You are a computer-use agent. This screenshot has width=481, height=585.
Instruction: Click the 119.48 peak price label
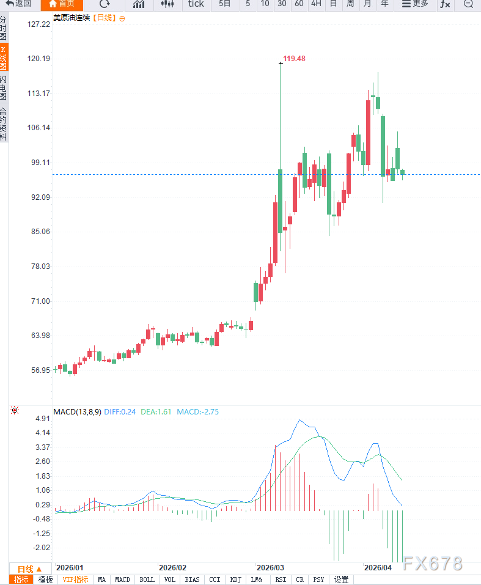(294, 59)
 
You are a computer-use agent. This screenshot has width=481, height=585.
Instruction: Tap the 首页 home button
(62, 4)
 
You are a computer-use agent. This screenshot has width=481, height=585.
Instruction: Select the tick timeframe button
(196, 4)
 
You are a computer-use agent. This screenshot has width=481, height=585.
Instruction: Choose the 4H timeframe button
(316, 4)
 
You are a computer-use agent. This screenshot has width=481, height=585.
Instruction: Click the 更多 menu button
(415, 4)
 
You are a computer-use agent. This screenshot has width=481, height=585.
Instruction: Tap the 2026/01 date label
(70, 567)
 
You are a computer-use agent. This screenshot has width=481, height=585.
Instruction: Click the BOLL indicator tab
(147, 579)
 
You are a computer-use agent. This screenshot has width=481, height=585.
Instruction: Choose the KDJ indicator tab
(235, 579)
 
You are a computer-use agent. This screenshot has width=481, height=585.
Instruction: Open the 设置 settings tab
(341, 579)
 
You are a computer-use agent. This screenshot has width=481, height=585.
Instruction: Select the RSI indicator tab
(281, 579)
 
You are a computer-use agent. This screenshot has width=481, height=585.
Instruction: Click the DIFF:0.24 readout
(120, 412)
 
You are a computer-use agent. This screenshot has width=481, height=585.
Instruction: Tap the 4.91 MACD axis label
(43, 419)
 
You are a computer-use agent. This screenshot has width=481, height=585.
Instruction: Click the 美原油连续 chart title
(72, 18)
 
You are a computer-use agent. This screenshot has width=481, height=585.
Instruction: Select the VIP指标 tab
(75, 579)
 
